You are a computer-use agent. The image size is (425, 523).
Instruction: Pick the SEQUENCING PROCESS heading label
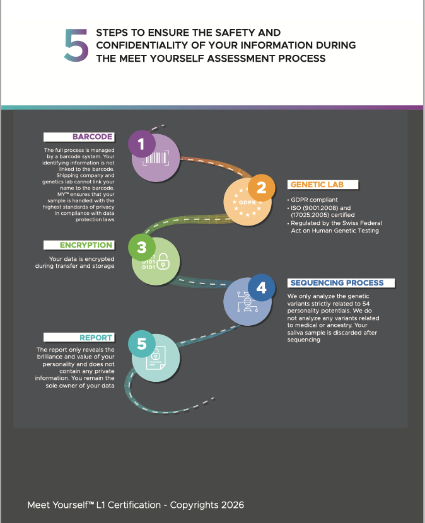[x=341, y=283]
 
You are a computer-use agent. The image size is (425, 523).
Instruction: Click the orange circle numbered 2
[x=261, y=187]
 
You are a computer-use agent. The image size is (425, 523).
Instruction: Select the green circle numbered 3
[x=141, y=248]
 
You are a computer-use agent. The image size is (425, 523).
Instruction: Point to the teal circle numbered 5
[x=141, y=343]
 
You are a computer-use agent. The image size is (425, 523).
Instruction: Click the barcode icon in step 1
[x=155, y=159]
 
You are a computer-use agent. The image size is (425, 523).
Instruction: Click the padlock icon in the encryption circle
[x=163, y=261]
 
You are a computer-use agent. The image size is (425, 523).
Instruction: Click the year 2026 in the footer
[x=231, y=505]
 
